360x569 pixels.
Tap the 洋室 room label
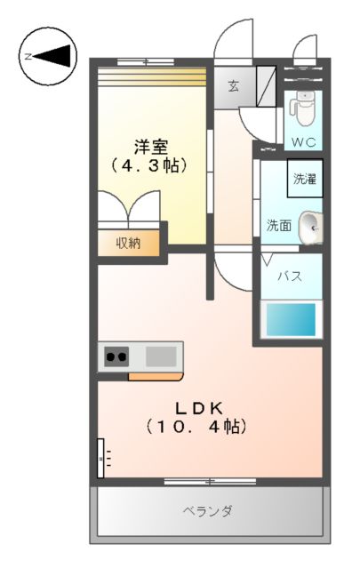point(151,146)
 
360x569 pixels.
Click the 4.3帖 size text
point(151,164)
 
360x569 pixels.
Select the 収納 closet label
point(129,242)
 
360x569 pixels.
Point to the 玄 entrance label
point(233,85)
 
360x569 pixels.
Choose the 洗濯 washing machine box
point(304,178)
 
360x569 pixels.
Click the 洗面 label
point(279,226)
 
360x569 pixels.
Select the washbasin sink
point(311,227)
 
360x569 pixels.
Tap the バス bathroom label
point(290,276)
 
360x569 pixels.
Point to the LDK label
point(196,408)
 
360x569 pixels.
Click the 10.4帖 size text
point(196,428)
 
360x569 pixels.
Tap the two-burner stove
point(116,357)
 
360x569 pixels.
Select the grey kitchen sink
point(161,357)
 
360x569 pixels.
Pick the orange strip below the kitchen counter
point(156,375)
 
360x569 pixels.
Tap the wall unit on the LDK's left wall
point(101,458)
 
